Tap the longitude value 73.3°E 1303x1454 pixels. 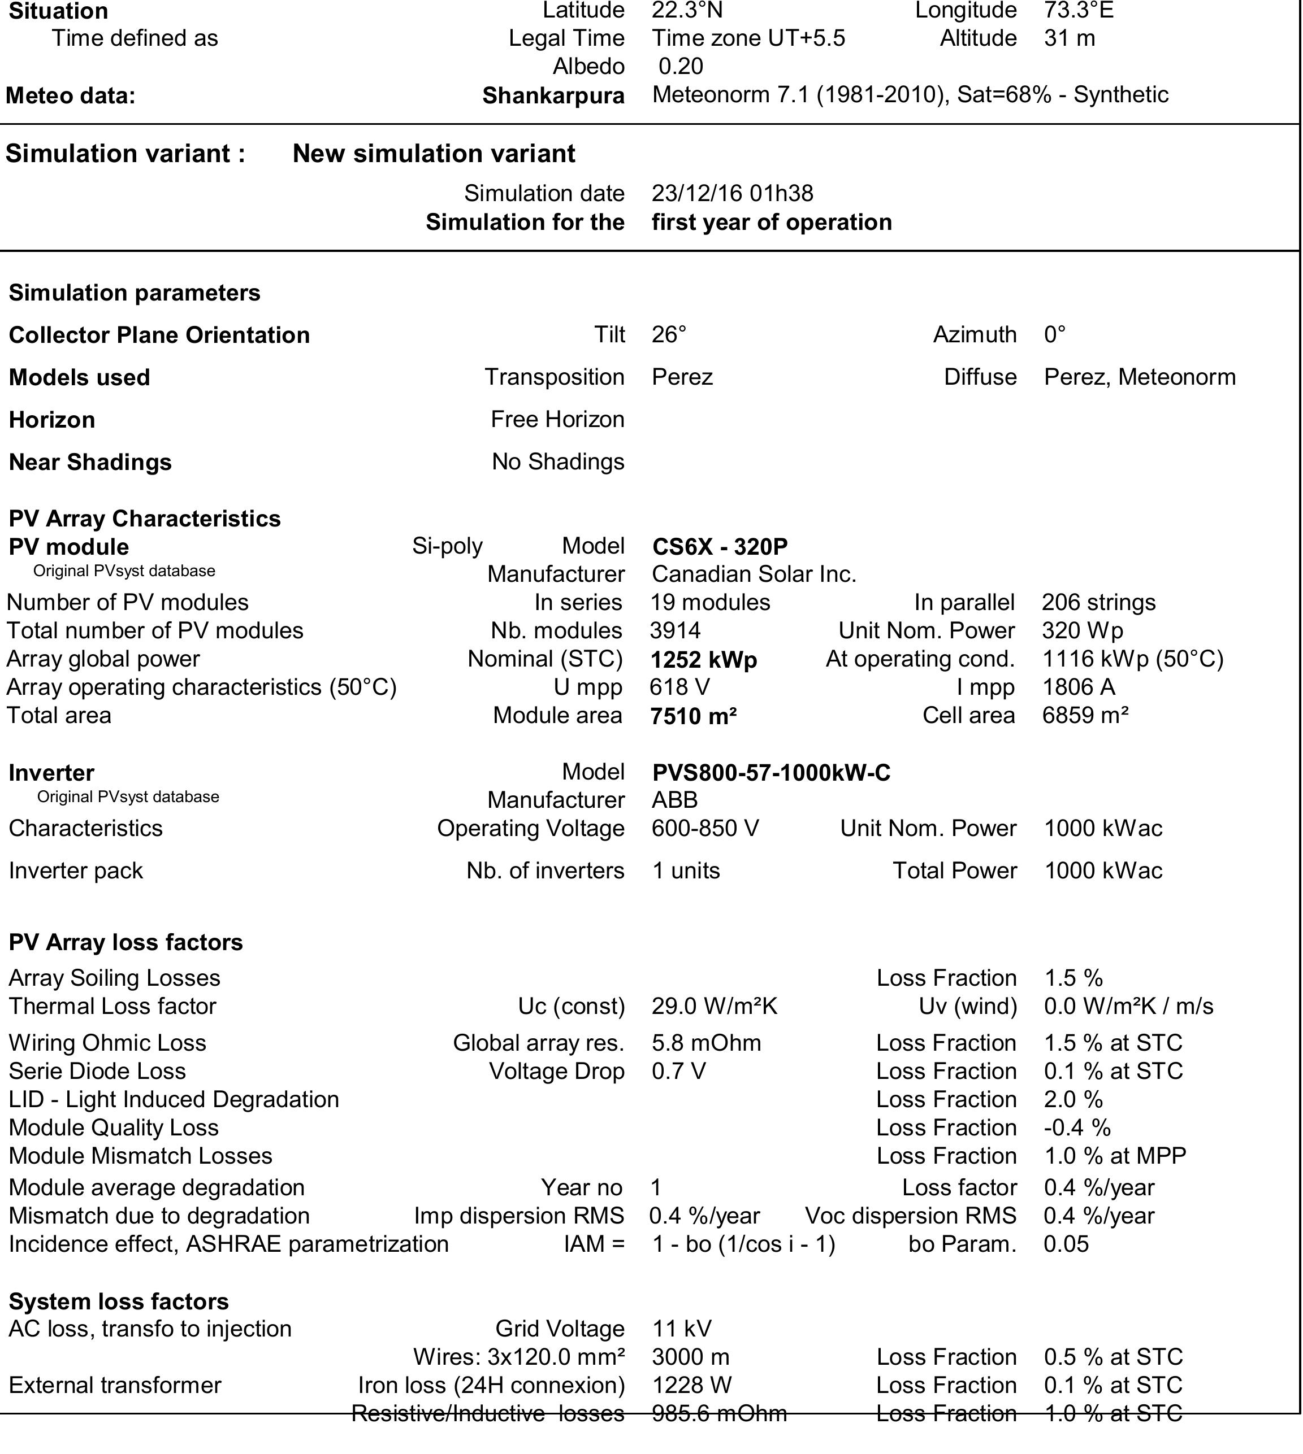coord(1078,11)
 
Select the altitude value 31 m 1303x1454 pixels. coord(1069,38)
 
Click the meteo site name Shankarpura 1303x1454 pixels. coord(553,95)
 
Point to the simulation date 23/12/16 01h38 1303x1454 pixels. coord(731,193)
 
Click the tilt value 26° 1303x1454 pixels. coord(669,334)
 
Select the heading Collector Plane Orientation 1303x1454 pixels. coord(159,335)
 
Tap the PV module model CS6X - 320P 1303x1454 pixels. coord(720,547)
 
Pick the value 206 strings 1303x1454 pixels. coord(1098,603)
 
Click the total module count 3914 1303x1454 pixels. coord(675,630)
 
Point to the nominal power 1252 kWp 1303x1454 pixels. coord(703,659)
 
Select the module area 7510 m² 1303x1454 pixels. coord(693,716)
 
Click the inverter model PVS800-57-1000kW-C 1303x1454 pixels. coord(771,773)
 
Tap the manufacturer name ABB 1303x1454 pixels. coord(674,800)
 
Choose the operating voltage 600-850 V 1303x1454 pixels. coord(704,828)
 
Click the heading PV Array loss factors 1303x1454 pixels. coord(125,942)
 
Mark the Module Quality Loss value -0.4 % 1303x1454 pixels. coord(1077,1127)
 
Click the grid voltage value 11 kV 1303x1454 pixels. coord(682,1329)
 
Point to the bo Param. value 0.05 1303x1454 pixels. coord(1066,1244)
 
